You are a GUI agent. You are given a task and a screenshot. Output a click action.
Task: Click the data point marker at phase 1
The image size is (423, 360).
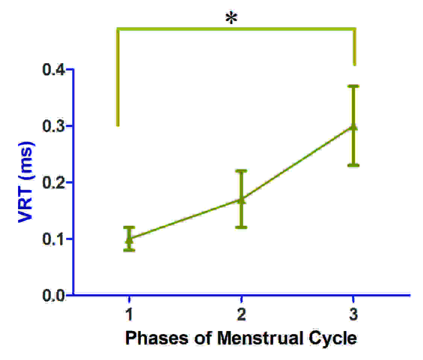129,238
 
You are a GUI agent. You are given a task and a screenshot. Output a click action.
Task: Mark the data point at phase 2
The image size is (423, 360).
241,200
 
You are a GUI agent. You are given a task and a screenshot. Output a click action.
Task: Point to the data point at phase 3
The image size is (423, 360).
353,126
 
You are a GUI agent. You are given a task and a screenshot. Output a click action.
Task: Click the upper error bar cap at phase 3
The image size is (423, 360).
353,86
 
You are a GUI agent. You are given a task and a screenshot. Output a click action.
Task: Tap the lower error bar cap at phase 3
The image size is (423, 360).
353,165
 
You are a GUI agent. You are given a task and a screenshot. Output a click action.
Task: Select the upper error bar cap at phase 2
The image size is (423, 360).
241,171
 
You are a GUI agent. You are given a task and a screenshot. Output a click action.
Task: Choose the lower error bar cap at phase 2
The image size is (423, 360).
241,227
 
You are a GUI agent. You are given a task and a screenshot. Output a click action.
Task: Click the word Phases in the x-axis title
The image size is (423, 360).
157,338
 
